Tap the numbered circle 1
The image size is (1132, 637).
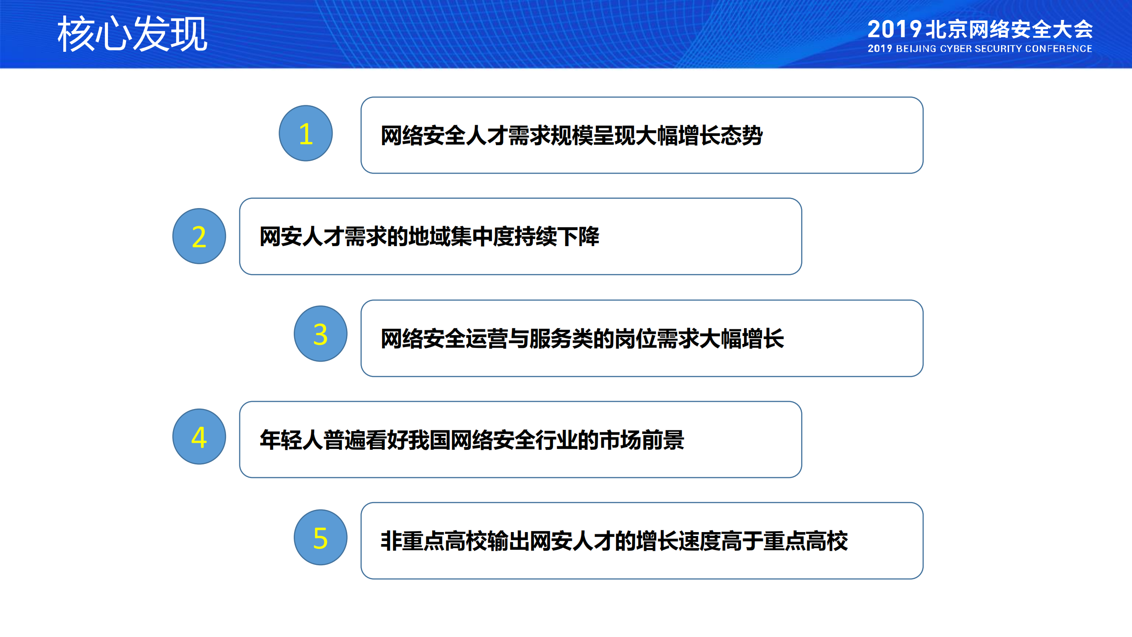[x=306, y=133]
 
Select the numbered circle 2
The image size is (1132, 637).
[x=199, y=236]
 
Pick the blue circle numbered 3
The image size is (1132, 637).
[x=320, y=334]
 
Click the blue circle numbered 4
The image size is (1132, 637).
[x=199, y=436]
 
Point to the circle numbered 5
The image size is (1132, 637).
[x=320, y=537]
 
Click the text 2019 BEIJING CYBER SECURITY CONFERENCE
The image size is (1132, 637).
[x=979, y=49]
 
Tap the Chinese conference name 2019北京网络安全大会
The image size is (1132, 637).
[x=979, y=29]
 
